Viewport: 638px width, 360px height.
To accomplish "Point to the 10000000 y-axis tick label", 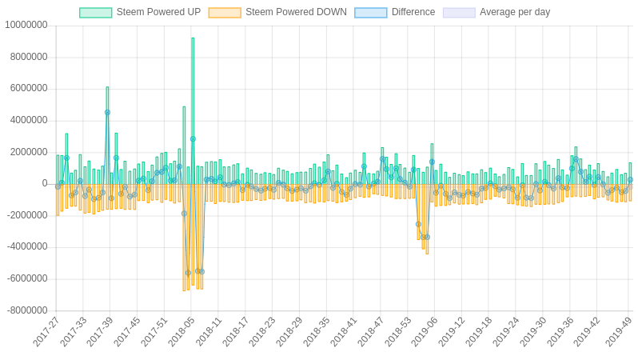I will pyautogui.click(x=26, y=25).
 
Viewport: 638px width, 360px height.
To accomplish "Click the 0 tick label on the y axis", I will pyautogui.click(x=45, y=183).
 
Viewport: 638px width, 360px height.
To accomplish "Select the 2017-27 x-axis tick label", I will pyautogui.click(x=47, y=331).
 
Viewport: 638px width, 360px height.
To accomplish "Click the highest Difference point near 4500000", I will pyautogui.click(x=107, y=113).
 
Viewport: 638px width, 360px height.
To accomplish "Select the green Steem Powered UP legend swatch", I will pyautogui.click(x=95, y=13).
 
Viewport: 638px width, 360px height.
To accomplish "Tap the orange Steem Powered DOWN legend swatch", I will pyautogui.click(x=225, y=13).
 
